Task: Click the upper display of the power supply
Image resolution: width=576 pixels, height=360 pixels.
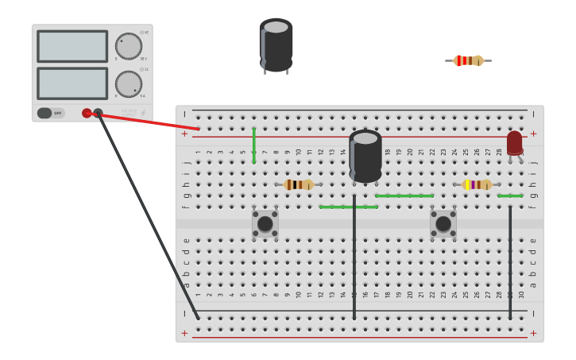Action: [x=72, y=46]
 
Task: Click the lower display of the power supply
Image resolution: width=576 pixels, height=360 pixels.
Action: [x=72, y=83]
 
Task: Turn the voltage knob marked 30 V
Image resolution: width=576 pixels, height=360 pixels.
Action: [x=128, y=46]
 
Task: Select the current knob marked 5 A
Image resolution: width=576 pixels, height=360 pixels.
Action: [x=128, y=83]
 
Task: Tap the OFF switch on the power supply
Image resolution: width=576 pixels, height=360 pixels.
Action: [x=50, y=113]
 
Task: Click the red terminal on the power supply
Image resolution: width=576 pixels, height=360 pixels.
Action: [x=87, y=113]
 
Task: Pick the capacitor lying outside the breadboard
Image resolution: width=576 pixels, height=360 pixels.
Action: [x=276, y=45]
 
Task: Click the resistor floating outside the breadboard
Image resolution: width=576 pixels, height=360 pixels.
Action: [x=468, y=60]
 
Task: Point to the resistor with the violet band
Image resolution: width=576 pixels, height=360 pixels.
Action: [x=477, y=184]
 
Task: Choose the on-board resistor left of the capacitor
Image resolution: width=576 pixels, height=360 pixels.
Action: [x=299, y=184]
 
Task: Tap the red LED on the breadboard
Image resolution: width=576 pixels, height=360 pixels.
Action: [x=515, y=143]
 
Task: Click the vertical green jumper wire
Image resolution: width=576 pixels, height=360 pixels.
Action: [x=253, y=145]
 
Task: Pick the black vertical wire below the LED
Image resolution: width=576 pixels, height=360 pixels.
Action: [x=510, y=262]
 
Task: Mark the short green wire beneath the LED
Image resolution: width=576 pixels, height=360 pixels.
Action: [x=510, y=195]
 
